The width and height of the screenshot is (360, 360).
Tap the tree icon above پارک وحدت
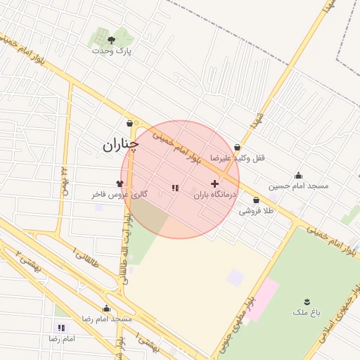[112, 40]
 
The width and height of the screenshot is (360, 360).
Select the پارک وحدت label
[112, 51]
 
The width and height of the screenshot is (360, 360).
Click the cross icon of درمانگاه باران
[214, 184]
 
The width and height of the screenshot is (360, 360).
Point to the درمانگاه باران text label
[212, 194]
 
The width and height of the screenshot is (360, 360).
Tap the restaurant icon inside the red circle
[175, 188]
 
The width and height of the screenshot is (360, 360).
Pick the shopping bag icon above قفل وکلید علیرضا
[237, 148]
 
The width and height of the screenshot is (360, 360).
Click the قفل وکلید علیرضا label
[238, 158]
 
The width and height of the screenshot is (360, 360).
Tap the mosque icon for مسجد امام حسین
[298, 176]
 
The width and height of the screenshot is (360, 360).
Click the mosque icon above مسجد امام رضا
[106, 308]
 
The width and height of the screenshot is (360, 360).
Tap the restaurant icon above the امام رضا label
[62, 328]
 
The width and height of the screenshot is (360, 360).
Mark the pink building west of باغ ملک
[262, 295]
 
